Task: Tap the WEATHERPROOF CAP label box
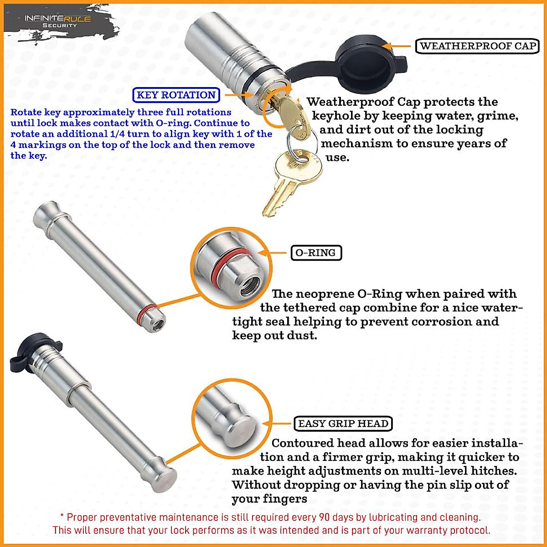(477, 46)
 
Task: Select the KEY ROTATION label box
(176, 95)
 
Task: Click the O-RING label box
(316, 253)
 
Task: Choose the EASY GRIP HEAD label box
(343, 423)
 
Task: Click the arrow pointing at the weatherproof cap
(396, 46)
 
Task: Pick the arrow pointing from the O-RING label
(272, 253)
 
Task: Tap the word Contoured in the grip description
(303, 443)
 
